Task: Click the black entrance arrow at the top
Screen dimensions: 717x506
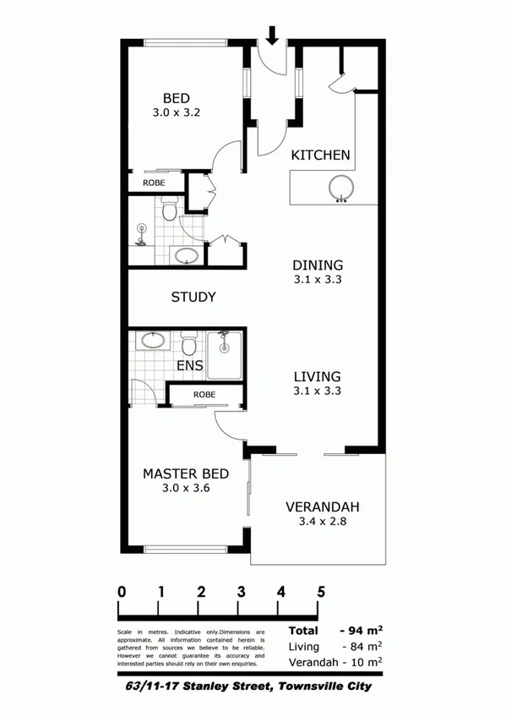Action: click(x=272, y=35)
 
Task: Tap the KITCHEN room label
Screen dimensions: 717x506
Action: click(x=320, y=156)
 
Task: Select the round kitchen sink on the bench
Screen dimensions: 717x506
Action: click(x=341, y=190)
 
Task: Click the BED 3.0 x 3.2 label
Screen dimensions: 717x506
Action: click(x=177, y=104)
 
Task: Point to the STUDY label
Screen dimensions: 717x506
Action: click(x=193, y=298)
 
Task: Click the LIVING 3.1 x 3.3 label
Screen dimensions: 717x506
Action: click(x=317, y=383)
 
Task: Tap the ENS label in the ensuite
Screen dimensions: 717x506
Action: click(x=190, y=366)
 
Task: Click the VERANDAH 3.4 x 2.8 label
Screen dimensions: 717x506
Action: click(x=323, y=514)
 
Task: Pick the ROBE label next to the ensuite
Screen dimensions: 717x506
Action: click(x=204, y=395)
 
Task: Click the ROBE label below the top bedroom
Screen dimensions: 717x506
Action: click(x=153, y=183)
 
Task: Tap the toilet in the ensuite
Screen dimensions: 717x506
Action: click(x=189, y=343)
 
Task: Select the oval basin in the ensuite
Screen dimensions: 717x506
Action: click(x=153, y=341)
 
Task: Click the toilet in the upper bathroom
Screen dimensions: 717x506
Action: click(x=169, y=208)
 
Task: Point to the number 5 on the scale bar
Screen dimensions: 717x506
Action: click(x=321, y=592)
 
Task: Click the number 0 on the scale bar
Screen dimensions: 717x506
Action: click(x=122, y=592)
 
